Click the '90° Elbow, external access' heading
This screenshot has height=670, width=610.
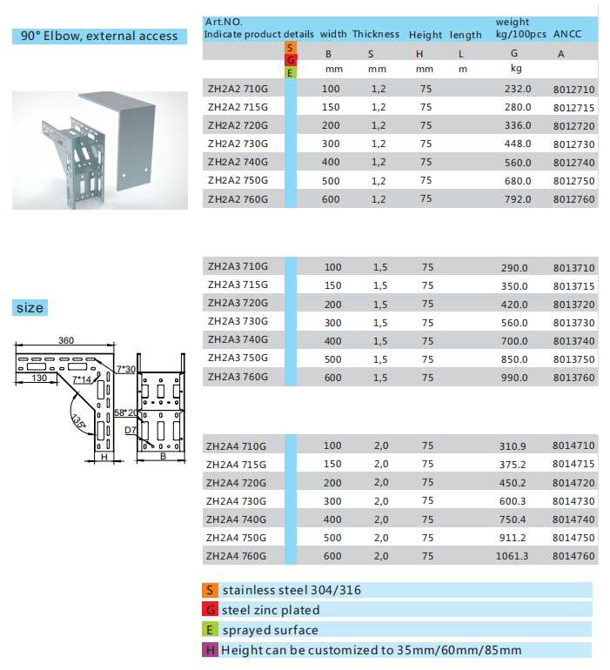(x=99, y=36)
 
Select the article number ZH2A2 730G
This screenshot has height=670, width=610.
(x=238, y=144)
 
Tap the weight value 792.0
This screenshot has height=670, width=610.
(x=516, y=198)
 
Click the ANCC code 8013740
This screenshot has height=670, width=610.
(x=573, y=341)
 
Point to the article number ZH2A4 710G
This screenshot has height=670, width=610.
(x=238, y=446)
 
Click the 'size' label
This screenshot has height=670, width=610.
(x=29, y=308)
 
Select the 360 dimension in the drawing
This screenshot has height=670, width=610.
(x=65, y=340)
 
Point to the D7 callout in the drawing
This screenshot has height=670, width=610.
(x=130, y=430)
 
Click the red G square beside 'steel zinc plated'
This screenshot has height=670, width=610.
(x=210, y=610)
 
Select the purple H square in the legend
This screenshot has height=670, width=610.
(x=210, y=650)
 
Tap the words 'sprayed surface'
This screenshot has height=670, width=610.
(x=270, y=630)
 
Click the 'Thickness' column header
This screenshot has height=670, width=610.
(x=376, y=35)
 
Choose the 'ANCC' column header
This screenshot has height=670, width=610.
(x=568, y=35)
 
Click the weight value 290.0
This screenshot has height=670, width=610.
(x=516, y=267)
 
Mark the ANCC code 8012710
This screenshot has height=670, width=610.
(x=573, y=90)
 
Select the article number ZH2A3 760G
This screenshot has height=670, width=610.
(x=238, y=377)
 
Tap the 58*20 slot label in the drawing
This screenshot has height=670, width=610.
(x=126, y=413)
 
